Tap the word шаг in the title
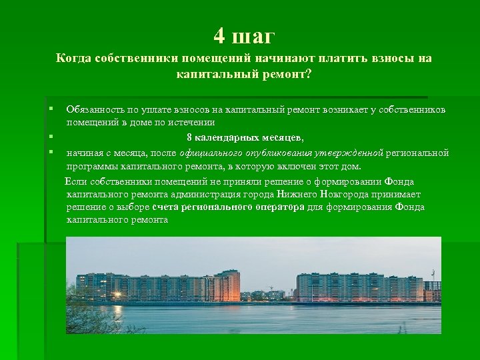(x=252, y=35)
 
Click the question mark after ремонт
(x=308, y=75)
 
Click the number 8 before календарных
(x=189, y=138)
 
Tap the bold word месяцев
(x=283, y=138)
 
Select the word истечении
(x=195, y=123)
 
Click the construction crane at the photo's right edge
(x=433, y=275)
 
